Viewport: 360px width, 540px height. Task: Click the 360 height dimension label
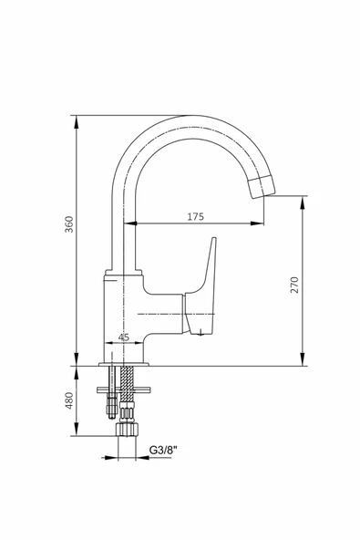[x=69, y=224]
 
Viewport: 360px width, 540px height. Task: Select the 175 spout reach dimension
[x=195, y=216]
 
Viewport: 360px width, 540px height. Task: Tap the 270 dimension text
[x=294, y=285]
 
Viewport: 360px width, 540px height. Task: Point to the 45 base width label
[x=124, y=337]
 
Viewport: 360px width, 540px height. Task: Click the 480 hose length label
[x=69, y=400]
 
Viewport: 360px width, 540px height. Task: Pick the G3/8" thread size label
[x=163, y=450]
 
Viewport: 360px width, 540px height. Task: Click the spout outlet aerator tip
[x=262, y=187]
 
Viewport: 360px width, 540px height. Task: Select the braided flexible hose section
[x=128, y=383]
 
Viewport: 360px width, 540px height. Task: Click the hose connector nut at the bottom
[x=127, y=430]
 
